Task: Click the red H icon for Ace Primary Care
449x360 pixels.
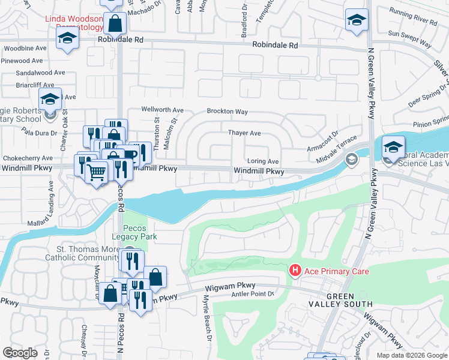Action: [295, 271]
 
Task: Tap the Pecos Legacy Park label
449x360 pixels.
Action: [140, 232]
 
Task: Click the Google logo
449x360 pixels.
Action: [20, 352]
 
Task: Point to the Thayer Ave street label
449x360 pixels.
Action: [244, 133]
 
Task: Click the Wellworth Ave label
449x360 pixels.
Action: [162, 110]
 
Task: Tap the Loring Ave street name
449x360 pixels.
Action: [264, 161]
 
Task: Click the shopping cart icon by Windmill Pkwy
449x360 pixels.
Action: [96, 173]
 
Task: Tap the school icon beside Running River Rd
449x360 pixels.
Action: [356, 20]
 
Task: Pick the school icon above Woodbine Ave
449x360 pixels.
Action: [67, 39]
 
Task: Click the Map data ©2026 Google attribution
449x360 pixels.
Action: [411, 355]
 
